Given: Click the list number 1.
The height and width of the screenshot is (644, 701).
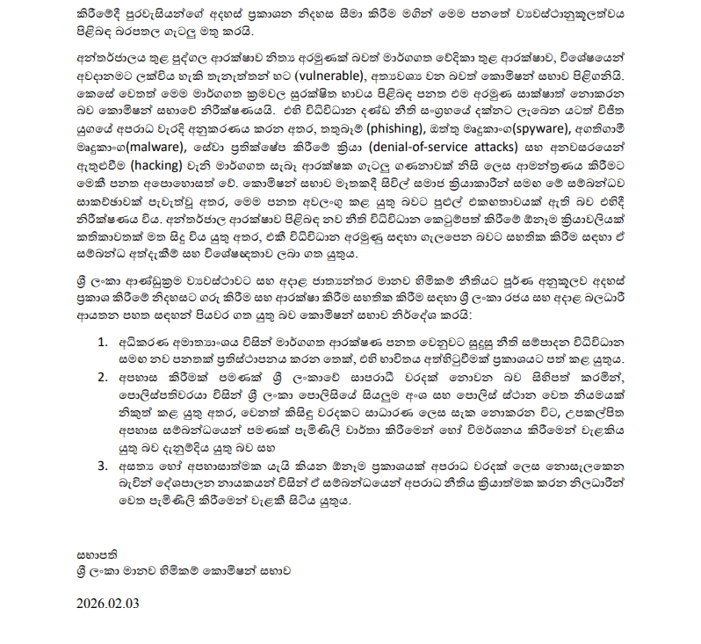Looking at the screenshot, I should point(103,340).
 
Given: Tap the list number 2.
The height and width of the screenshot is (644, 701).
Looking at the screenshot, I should point(104,375).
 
